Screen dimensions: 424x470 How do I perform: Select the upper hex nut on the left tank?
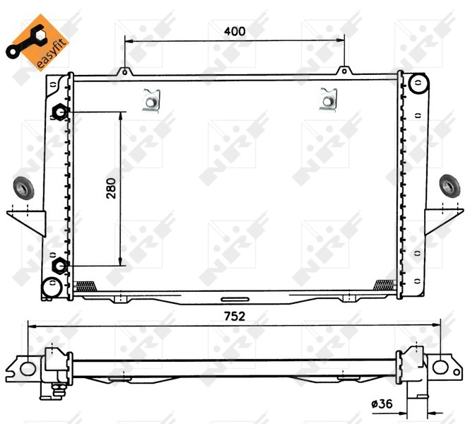click(x=60, y=112)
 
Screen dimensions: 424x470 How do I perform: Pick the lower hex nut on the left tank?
click(x=60, y=266)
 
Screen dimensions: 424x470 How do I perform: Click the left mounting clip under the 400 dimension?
click(x=151, y=100)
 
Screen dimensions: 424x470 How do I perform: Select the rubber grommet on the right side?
click(x=449, y=186)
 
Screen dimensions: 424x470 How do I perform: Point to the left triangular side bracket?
click(x=28, y=220)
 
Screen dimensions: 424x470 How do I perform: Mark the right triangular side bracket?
click(x=442, y=220)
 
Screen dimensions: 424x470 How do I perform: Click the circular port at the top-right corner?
click(x=418, y=84)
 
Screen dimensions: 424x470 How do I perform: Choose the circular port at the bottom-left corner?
click(x=51, y=287)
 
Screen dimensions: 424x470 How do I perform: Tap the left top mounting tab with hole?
click(x=124, y=71)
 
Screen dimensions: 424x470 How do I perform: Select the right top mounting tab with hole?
click(x=344, y=71)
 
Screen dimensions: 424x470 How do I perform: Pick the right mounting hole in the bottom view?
click(x=441, y=367)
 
